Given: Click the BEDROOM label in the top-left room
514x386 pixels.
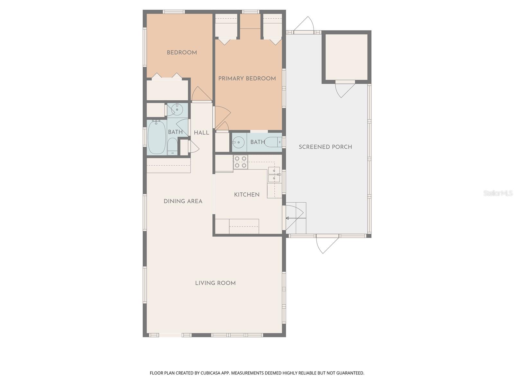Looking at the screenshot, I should (x=182, y=52).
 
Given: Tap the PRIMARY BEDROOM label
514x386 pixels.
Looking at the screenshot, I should (x=247, y=78).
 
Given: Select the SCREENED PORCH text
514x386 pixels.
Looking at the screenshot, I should (x=325, y=147).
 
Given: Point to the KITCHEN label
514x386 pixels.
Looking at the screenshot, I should (x=247, y=195).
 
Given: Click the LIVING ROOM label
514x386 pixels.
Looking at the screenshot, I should (x=215, y=283).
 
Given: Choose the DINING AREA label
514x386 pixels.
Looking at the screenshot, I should (x=183, y=201).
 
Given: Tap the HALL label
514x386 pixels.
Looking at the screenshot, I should (x=201, y=133).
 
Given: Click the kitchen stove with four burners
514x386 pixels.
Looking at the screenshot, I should (x=240, y=162).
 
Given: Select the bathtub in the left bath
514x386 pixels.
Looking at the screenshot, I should (x=156, y=137).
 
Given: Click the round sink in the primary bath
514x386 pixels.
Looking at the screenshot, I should (x=238, y=142).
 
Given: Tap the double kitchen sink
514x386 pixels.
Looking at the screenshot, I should (x=274, y=175).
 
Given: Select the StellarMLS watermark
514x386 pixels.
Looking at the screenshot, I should (x=498, y=193).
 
